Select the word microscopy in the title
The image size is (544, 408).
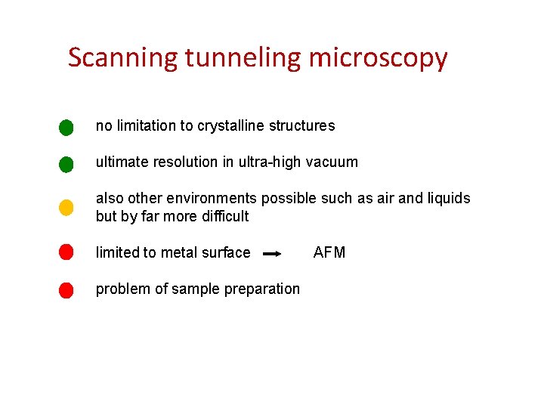pos(378,58)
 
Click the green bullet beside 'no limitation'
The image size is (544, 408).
pos(66,127)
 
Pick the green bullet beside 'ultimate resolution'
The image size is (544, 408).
pos(66,164)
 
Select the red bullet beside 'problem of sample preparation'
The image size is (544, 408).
pos(66,289)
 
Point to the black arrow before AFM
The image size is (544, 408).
pos(272,255)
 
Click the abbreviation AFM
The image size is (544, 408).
pos(329,252)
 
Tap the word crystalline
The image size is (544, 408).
pos(230,126)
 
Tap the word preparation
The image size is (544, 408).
pos(264,289)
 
